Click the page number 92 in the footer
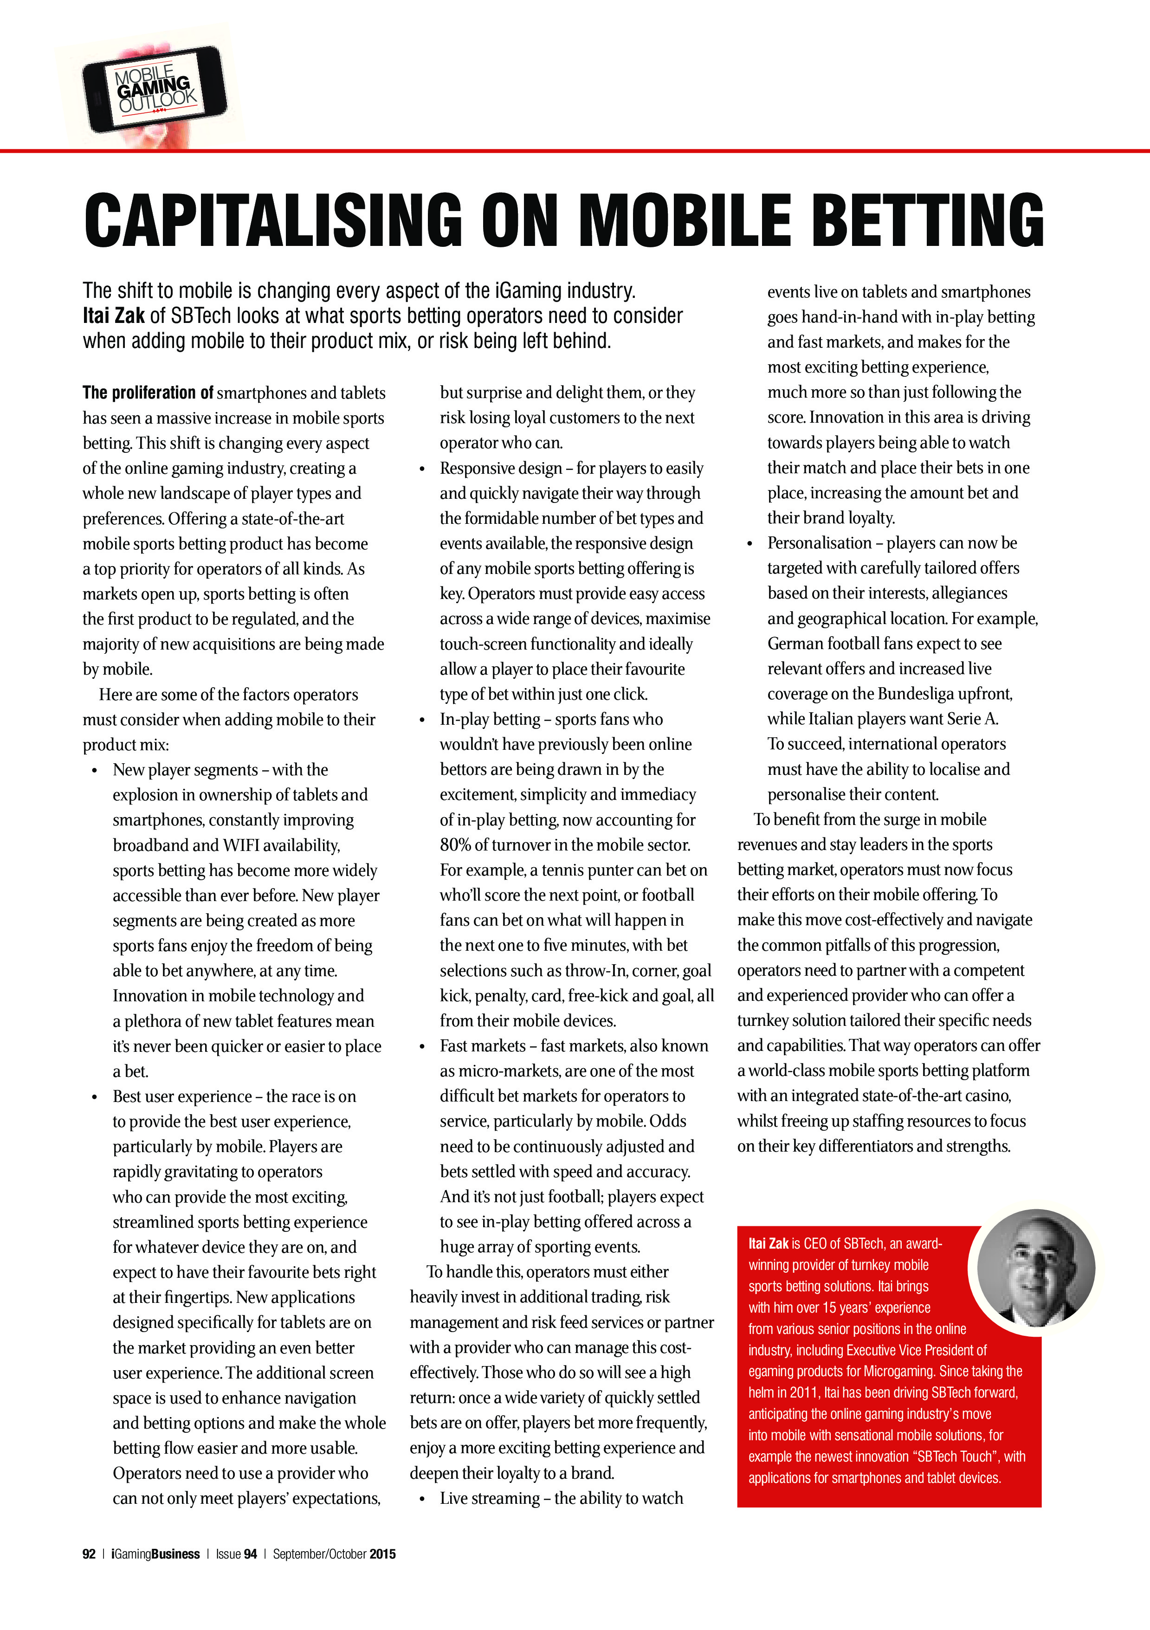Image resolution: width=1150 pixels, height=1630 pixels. pos(89,1554)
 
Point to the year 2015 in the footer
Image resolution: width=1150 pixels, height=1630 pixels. pos(382,1554)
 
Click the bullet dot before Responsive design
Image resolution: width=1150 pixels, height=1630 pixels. pos(422,469)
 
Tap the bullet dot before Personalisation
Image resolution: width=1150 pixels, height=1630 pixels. pos(749,544)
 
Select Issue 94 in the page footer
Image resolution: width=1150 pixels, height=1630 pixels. pos(236,1554)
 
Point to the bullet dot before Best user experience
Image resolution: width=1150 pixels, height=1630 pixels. pos(94,1097)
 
